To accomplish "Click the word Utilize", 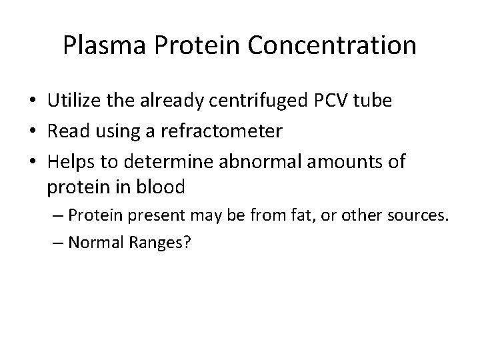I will pyautogui.click(x=73, y=101).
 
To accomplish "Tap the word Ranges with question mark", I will pyautogui.click(x=161, y=243).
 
